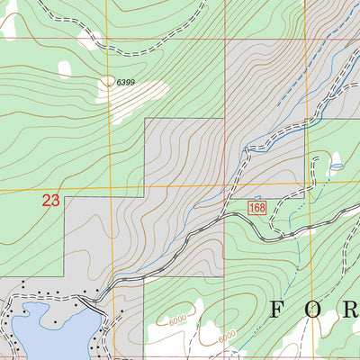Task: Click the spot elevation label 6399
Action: (x=112, y=82)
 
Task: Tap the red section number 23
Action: (x=50, y=202)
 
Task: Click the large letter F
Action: (x=278, y=311)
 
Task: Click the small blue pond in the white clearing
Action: (x=336, y=166)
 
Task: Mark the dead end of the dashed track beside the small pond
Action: (x=317, y=157)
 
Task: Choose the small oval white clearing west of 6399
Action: (x=63, y=67)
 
